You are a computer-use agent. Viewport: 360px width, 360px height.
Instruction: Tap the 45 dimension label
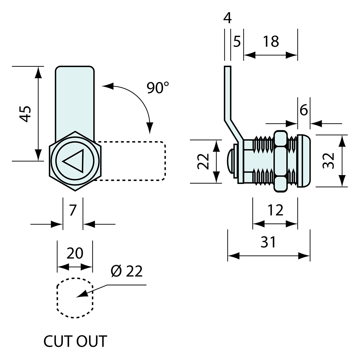25,114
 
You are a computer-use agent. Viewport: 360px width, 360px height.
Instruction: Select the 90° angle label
157,88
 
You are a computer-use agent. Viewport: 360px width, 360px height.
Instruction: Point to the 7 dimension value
73,210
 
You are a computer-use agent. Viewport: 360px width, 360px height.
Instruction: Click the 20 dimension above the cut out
75,253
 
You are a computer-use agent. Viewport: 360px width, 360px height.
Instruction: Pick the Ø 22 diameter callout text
126,271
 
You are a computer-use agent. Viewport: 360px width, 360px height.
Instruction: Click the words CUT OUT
75,341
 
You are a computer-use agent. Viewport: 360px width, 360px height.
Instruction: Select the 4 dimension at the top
227,18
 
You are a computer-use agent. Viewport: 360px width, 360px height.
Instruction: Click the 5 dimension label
237,42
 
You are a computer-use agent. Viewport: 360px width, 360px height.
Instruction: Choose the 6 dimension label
304,110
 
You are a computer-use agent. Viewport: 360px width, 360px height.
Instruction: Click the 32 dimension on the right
328,160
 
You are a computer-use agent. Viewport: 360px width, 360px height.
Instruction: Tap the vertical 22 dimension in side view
203,161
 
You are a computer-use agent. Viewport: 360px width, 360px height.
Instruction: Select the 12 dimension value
275,210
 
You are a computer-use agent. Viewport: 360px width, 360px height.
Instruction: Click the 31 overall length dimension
268,242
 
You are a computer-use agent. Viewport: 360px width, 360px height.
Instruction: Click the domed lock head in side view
304,161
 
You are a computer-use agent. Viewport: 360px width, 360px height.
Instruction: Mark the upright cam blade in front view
75,98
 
